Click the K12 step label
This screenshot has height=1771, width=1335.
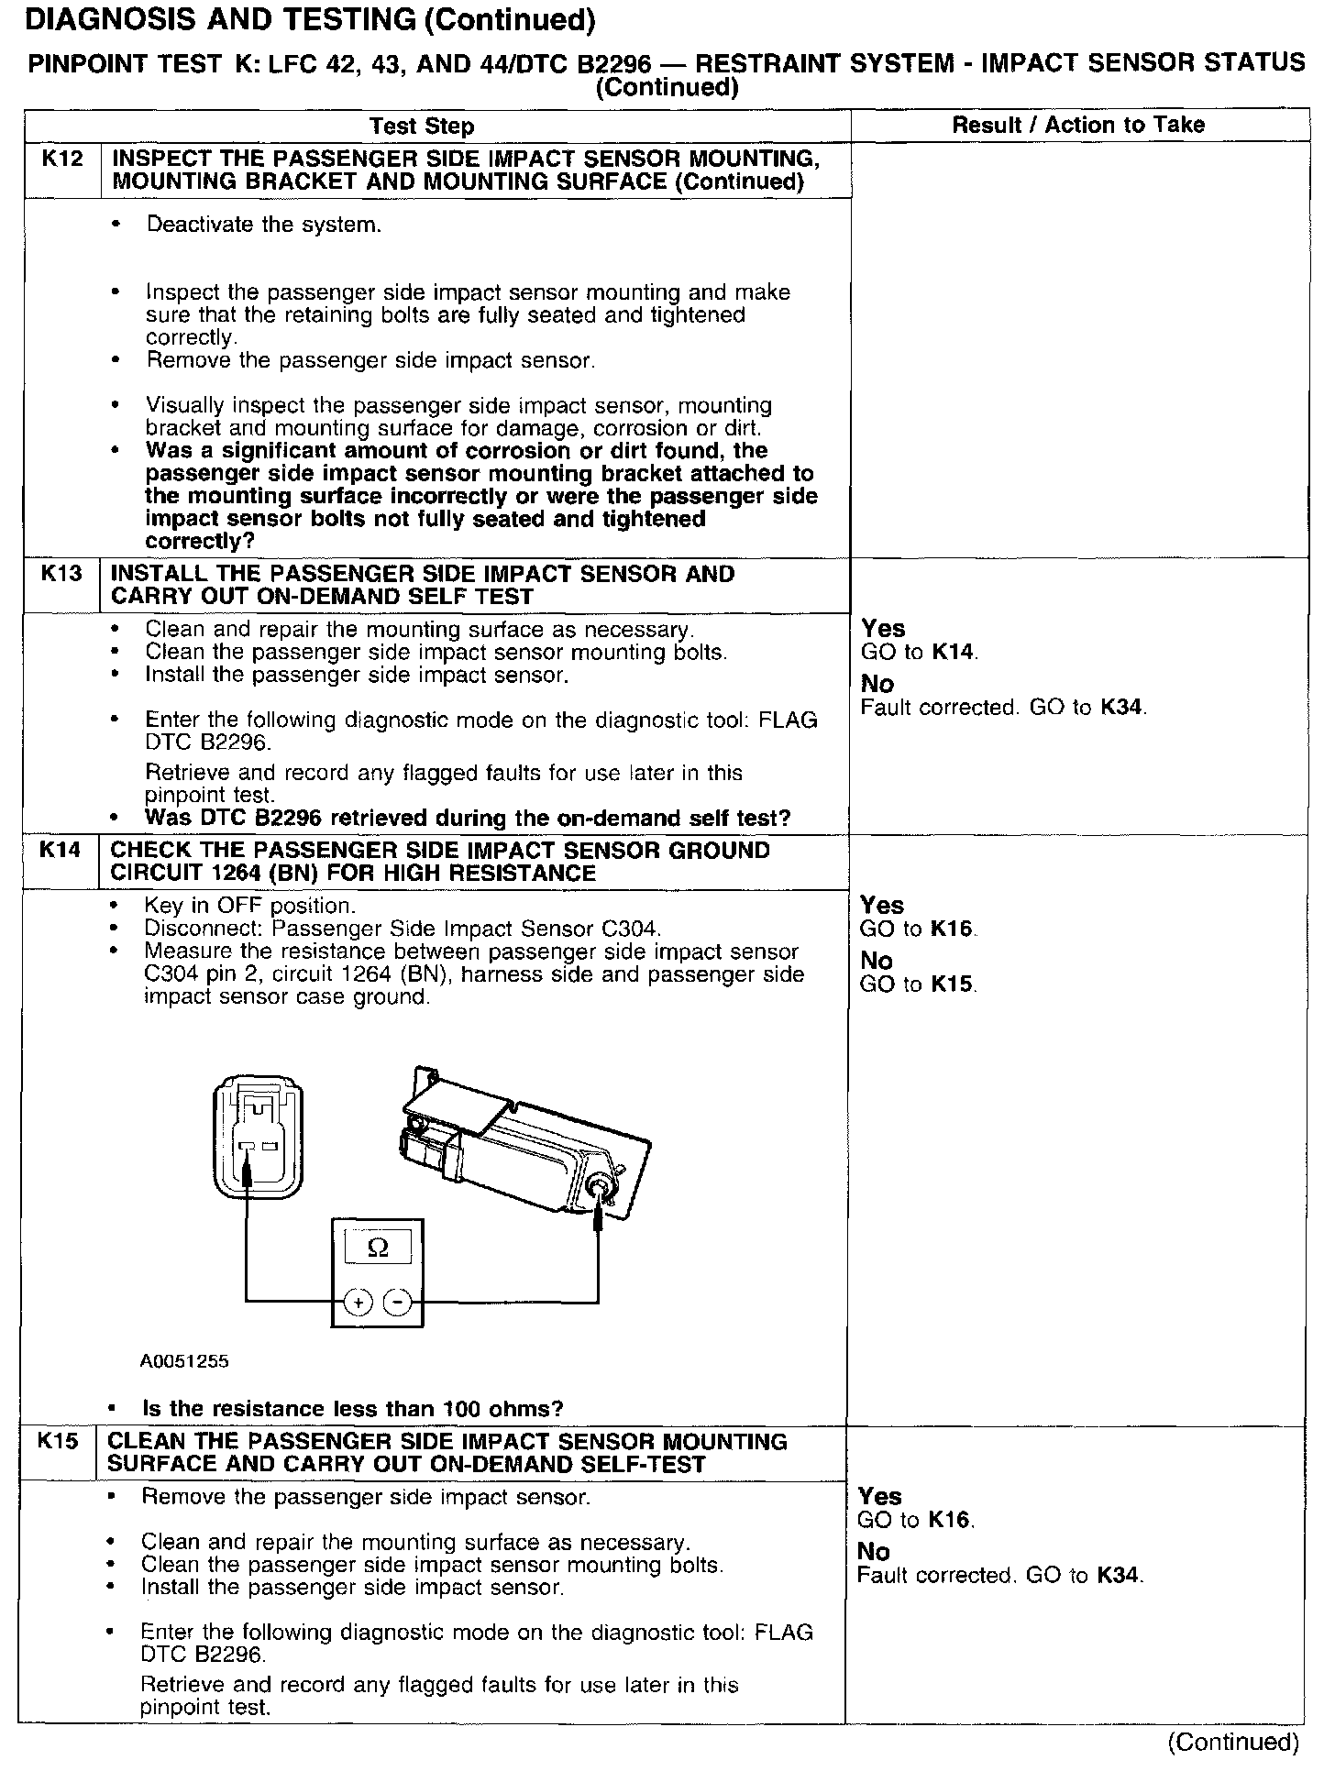click(x=61, y=159)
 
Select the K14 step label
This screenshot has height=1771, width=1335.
click(x=60, y=850)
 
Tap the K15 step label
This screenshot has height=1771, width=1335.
click(x=58, y=1441)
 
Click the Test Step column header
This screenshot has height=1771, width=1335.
click(x=421, y=126)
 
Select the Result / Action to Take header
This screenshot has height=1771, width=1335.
click(x=1078, y=126)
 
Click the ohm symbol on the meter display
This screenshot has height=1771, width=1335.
click(x=376, y=1248)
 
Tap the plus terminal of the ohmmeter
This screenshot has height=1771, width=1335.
click(x=359, y=1301)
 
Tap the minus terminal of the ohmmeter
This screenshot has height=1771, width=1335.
click(x=396, y=1301)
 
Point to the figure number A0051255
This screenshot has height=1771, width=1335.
click(x=183, y=1361)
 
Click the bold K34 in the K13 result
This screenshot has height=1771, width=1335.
click(x=1123, y=708)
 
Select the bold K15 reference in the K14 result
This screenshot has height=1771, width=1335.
click(x=953, y=984)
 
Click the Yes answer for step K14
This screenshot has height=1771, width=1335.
click(x=882, y=906)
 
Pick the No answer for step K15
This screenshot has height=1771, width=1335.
click(x=874, y=1552)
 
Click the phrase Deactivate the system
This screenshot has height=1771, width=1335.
click(x=263, y=225)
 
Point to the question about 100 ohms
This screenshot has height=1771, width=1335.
click(x=353, y=1408)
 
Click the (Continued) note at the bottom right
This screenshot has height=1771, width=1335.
click(x=1233, y=1742)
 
